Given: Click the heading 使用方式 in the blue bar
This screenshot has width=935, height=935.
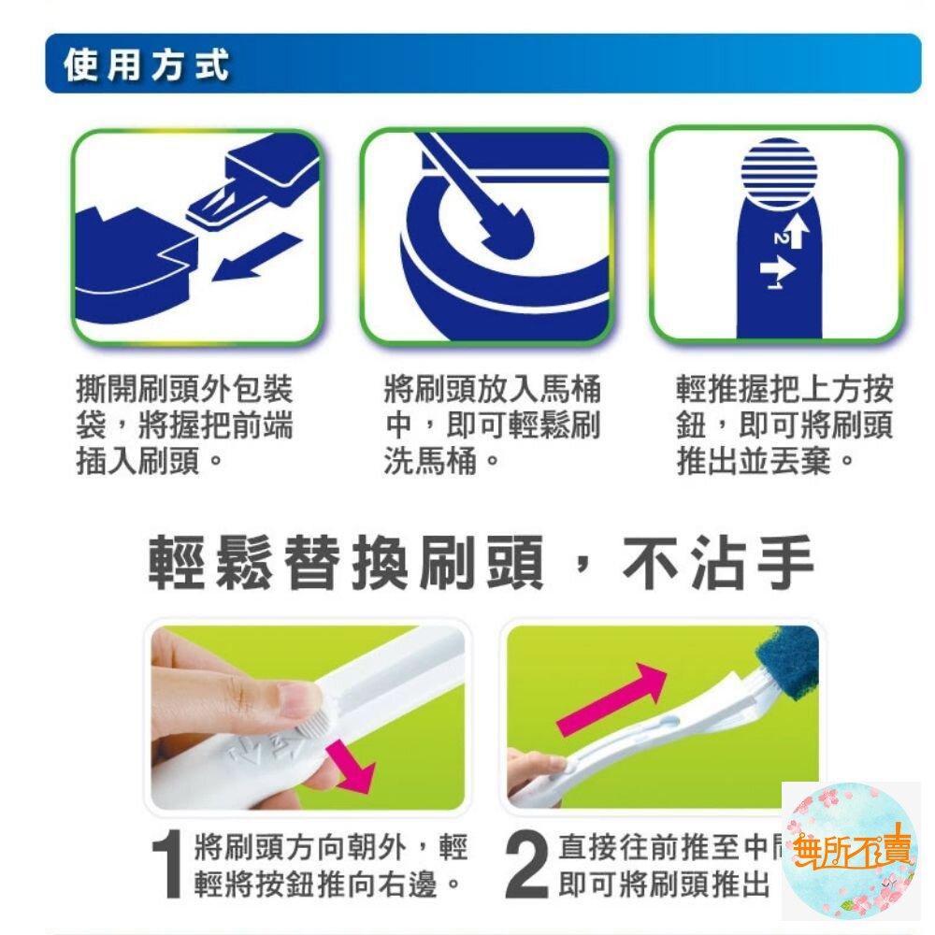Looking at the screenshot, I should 146,66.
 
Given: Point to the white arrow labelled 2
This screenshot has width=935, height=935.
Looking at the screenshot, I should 795,228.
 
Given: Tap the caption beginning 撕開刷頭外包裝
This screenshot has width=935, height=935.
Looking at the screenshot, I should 184,425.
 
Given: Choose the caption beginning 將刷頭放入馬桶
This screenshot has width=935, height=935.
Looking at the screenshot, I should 492,425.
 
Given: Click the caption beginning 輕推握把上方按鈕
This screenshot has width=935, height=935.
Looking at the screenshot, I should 784,425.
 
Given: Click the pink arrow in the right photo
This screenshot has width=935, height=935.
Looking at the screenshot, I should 612,700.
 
